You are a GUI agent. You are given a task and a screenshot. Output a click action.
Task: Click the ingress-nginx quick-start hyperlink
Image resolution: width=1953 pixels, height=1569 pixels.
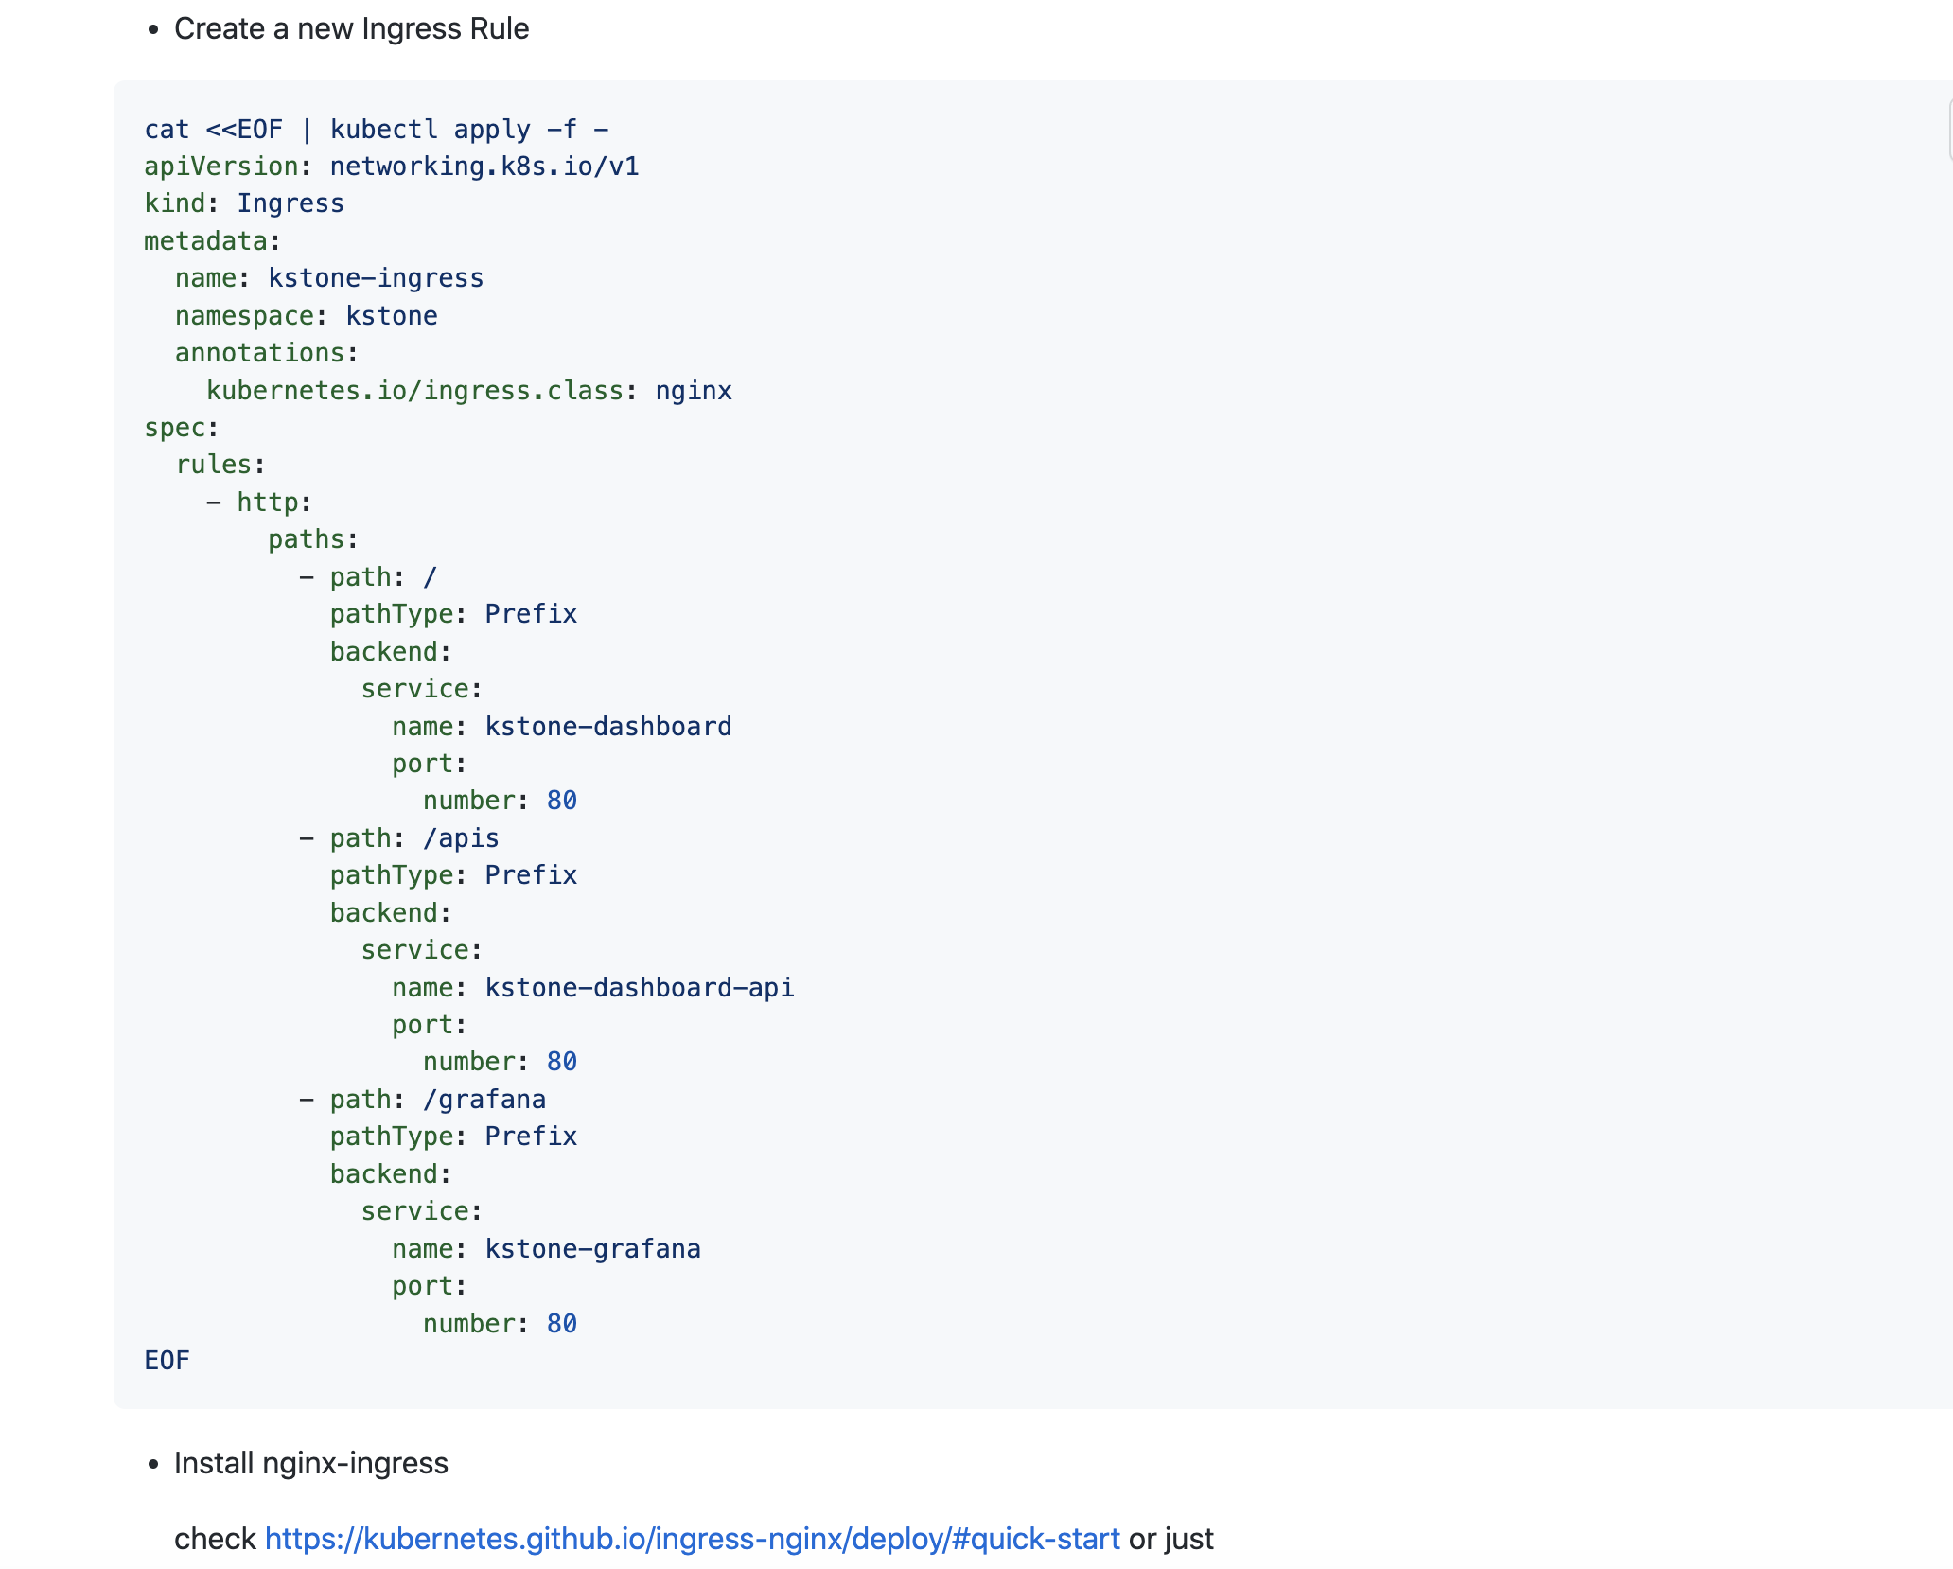[692, 1539]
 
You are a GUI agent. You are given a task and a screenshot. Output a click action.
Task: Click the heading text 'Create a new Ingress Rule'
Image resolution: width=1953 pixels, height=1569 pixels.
[351, 29]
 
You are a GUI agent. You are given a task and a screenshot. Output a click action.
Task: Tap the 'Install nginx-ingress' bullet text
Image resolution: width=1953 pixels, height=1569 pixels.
[310, 1463]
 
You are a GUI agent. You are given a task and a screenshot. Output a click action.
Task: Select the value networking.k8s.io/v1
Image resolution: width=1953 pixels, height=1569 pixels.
[484, 167]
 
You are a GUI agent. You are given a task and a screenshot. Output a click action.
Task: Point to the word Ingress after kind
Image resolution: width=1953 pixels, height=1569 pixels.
[290, 203]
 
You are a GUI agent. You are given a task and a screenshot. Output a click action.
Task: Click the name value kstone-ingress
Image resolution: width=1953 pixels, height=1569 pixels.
[376, 278]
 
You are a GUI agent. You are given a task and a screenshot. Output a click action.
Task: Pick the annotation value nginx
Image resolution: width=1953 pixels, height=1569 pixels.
[694, 391]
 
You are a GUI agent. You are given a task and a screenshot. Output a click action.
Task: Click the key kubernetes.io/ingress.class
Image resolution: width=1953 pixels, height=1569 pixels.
[414, 391]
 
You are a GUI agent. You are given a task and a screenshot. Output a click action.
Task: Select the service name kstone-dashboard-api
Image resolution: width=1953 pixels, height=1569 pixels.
[640, 988]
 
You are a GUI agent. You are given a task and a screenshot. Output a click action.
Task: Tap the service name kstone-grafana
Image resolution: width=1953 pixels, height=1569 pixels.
[593, 1249]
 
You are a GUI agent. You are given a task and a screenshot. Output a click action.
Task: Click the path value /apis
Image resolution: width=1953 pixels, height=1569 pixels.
[461, 838]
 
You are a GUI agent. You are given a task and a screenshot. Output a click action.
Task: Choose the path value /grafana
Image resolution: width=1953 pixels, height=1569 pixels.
[484, 1100]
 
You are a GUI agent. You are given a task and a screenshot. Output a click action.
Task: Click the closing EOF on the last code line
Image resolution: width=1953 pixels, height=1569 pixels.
[167, 1361]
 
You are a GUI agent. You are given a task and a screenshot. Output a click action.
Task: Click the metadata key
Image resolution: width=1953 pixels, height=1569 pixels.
[205, 241]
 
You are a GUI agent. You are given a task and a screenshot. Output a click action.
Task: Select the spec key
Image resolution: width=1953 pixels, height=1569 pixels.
[175, 428]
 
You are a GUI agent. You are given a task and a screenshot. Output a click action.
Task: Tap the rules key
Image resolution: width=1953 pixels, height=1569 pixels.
[214, 465]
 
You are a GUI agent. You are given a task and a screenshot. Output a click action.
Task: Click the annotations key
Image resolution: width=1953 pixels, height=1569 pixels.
[260, 353]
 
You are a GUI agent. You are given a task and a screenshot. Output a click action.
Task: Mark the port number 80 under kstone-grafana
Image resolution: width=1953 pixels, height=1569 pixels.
[562, 1324]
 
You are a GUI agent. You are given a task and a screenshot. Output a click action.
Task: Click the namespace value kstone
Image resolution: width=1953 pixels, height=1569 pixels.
[392, 316]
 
